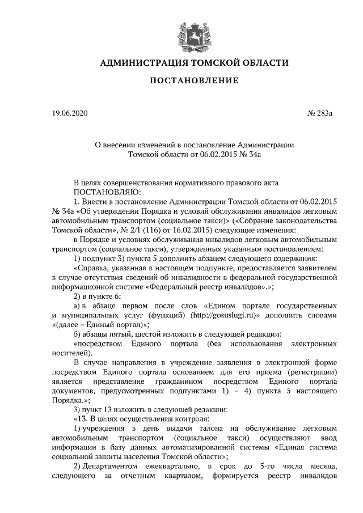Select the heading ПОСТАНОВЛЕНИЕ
pyautogui.click(x=193, y=81)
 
